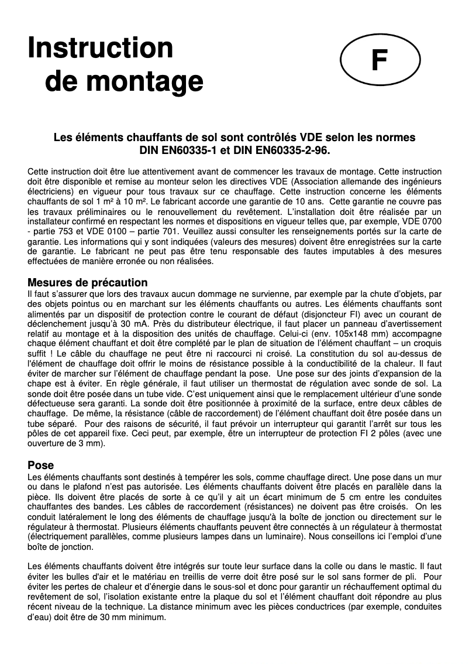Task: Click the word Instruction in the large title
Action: click(100, 48)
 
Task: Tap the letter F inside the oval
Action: click(380, 60)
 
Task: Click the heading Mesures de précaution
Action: click(88, 283)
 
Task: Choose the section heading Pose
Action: click(41, 465)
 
